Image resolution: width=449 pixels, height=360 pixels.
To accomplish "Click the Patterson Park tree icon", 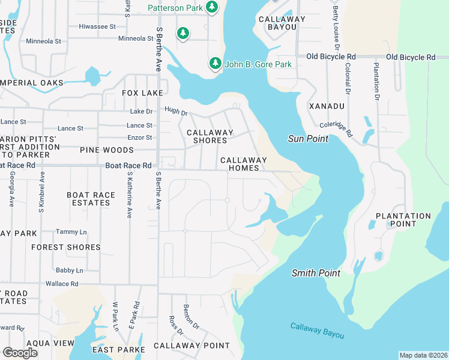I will pos(211,7).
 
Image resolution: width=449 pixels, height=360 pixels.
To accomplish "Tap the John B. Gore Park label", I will pos(258,64).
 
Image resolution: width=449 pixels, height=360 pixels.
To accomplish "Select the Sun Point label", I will pos(308,139).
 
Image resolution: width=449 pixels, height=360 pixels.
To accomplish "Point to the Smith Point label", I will pos(316,273).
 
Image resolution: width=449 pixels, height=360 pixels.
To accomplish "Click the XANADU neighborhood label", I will pos(327,106).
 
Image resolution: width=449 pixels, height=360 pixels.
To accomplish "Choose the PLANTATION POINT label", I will pos(403,220).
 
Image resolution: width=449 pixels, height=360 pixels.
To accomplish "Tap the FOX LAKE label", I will pos(142,93).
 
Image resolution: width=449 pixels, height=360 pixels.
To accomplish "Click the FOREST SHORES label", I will pos(66,247).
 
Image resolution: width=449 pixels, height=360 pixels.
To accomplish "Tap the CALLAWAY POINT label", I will pos(191,346).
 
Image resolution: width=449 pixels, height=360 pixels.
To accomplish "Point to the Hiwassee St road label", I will pos(97,26).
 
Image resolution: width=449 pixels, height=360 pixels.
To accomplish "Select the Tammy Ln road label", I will pos(71,232).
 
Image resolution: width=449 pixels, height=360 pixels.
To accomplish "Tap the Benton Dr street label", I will pos(190,316).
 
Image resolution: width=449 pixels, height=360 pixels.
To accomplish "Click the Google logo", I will pos(20,352).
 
